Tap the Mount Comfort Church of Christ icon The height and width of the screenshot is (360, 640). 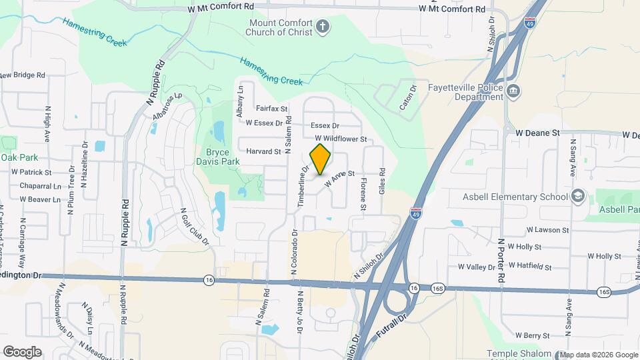(323, 27)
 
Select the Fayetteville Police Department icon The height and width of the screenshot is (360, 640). (513, 91)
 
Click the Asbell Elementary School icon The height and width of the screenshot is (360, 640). (578, 196)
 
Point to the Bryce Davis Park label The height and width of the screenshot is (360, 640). (217, 157)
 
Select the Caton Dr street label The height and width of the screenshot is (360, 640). (407, 97)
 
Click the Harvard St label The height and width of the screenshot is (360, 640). (263, 151)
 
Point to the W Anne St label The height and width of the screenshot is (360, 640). (338, 179)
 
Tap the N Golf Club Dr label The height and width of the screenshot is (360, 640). (195, 227)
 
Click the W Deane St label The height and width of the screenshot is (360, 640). (537, 133)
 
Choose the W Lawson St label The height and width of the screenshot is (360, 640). (547, 229)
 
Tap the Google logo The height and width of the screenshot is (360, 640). (22, 351)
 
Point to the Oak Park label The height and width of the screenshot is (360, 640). (19, 158)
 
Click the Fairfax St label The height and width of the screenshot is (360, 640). (271, 108)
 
